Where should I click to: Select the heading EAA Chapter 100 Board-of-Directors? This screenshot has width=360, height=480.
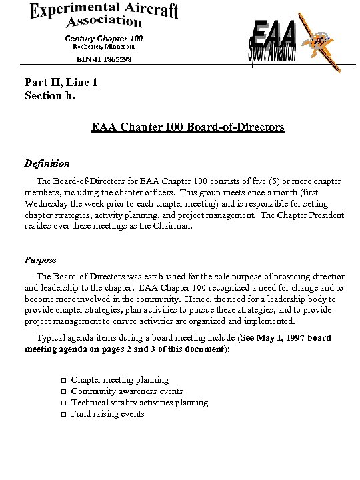tap(188, 126)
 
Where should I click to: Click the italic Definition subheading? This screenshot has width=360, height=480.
tap(47, 163)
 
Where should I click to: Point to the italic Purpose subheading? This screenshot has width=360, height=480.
tap(41, 259)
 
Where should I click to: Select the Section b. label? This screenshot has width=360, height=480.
tap(50, 95)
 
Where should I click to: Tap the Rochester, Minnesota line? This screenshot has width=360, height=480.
tap(103, 47)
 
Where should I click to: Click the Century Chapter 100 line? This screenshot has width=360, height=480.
tap(103, 39)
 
